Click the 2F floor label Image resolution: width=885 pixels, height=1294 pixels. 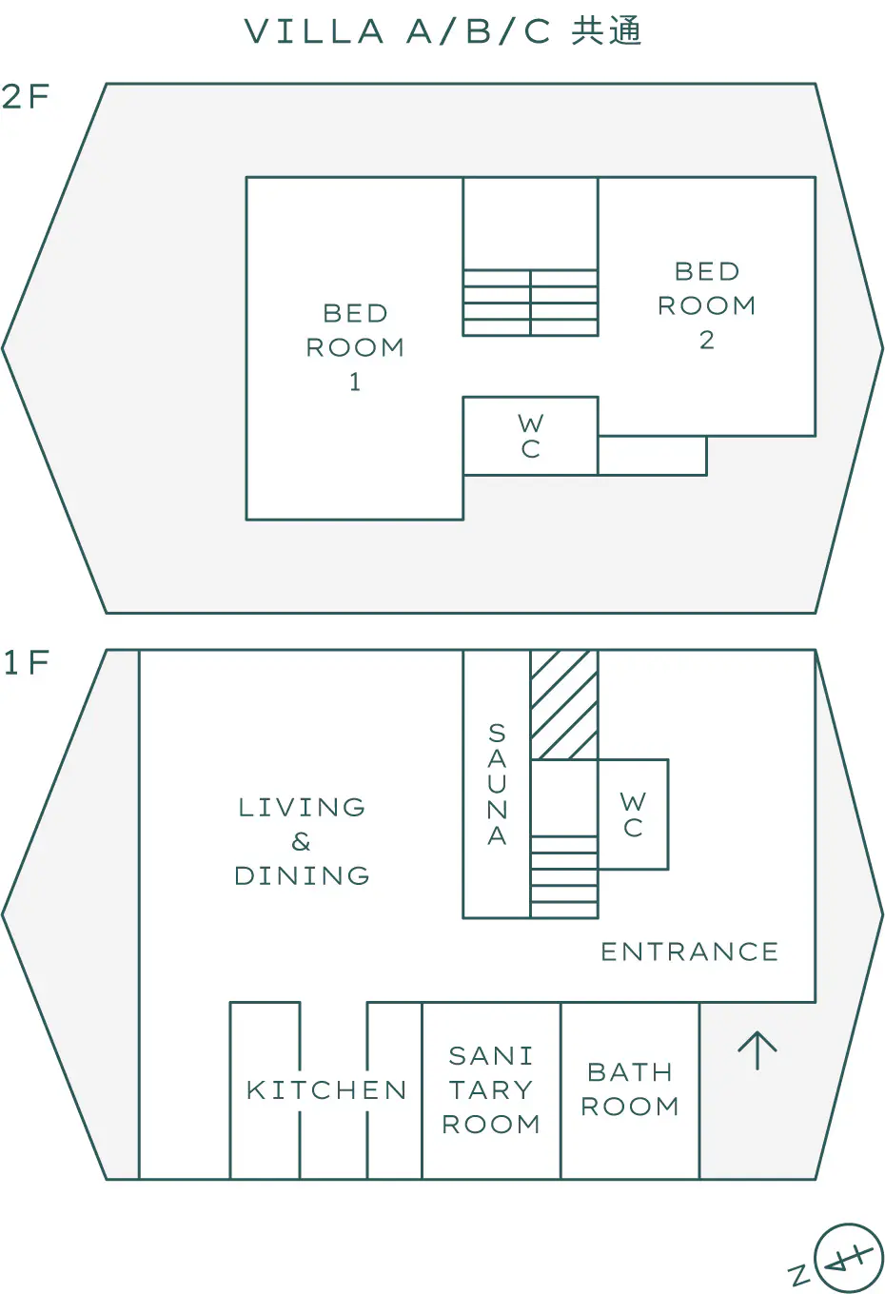pyautogui.click(x=26, y=96)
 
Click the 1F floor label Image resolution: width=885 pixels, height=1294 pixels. pyautogui.click(x=26, y=662)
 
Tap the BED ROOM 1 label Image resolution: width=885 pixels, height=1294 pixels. pyautogui.click(x=355, y=347)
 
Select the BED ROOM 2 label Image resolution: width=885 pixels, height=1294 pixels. pyautogui.click(x=706, y=305)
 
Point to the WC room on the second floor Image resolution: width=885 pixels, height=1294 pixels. pyautogui.click(x=530, y=436)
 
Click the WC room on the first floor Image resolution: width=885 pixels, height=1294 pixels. pyautogui.click(x=633, y=814)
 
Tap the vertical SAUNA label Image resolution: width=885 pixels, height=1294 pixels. pyautogui.click(x=497, y=784)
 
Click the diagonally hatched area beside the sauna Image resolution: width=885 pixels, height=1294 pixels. pyautogui.click(x=563, y=705)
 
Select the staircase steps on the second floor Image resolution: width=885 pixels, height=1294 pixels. pyautogui.click(x=530, y=303)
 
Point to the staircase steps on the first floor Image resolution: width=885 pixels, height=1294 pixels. pyautogui.click(x=563, y=877)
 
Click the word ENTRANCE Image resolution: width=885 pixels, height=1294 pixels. pyautogui.click(x=689, y=951)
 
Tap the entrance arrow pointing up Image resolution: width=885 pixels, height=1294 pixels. pyautogui.click(x=757, y=1050)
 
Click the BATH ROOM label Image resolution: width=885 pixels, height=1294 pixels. pyautogui.click(x=630, y=1088)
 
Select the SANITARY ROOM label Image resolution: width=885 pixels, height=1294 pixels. pyautogui.click(x=490, y=1089)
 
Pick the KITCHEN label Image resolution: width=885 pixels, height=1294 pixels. pyautogui.click(x=326, y=1090)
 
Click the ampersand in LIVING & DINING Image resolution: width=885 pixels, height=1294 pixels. pyautogui.click(x=301, y=842)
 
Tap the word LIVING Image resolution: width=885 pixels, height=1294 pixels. pyautogui.click(x=302, y=807)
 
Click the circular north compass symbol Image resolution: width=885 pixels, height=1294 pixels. pyautogui.click(x=848, y=1257)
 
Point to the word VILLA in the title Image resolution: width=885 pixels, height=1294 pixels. pyautogui.click(x=314, y=31)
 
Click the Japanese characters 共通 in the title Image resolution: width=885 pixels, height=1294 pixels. pyautogui.click(x=606, y=30)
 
